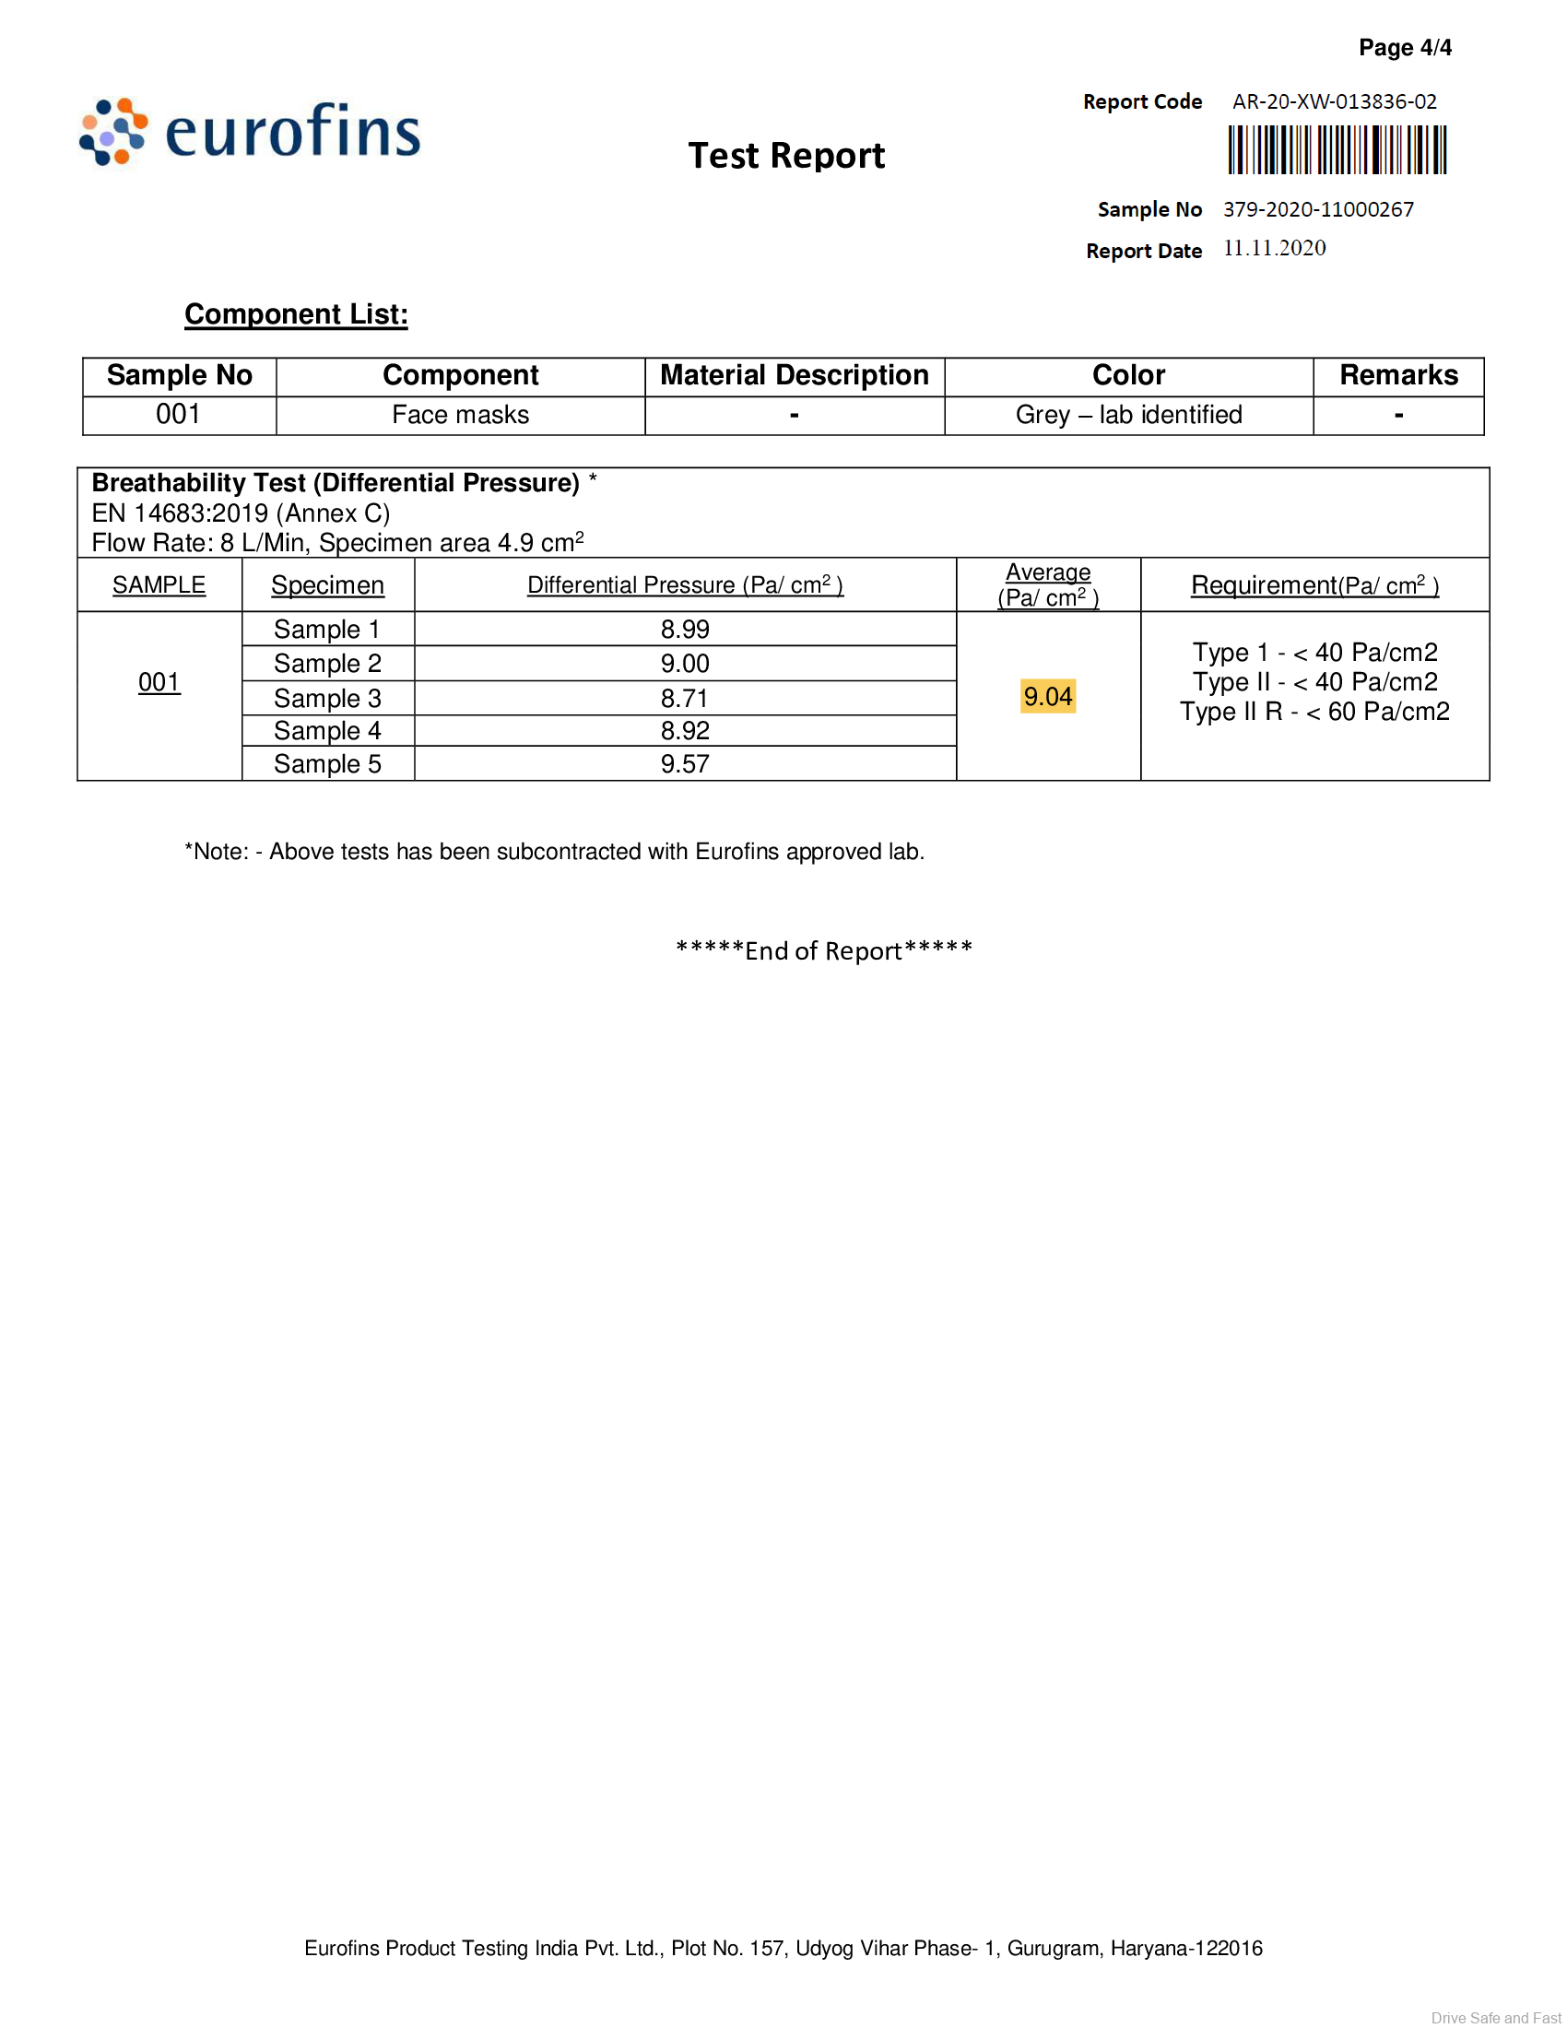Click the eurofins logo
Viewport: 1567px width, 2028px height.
[249, 133]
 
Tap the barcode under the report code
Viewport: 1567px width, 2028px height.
[1337, 150]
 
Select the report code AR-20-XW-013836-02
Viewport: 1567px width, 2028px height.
[1334, 101]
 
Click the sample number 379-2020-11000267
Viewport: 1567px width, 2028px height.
[1318, 209]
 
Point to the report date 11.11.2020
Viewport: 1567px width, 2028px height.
[1274, 248]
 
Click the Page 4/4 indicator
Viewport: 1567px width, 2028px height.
[1405, 47]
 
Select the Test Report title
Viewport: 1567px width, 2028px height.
[786, 156]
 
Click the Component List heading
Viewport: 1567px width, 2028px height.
[296, 313]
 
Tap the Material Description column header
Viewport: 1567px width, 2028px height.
[794, 375]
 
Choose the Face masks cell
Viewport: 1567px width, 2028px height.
[461, 415]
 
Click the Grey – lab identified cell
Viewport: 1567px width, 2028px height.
[1128, 415]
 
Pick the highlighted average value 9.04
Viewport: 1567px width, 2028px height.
[1047, 696]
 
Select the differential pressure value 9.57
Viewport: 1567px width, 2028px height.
[684, 764]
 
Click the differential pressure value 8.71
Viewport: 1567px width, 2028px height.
[684, 699]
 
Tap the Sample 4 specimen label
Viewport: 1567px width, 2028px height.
[327, 731]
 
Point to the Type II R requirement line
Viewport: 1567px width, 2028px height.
[1314, 713]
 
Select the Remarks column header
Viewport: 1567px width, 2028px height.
[1398, 375]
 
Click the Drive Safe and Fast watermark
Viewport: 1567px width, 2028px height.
[1495, 2017]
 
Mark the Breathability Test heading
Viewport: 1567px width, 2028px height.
[336, 483]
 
